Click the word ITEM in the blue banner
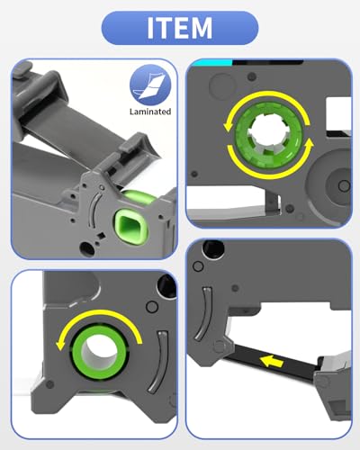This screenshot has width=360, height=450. (180, 28)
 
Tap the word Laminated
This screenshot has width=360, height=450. (150, 112)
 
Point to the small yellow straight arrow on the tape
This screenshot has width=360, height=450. (272, 362)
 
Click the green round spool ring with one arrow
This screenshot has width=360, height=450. (99, 351)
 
